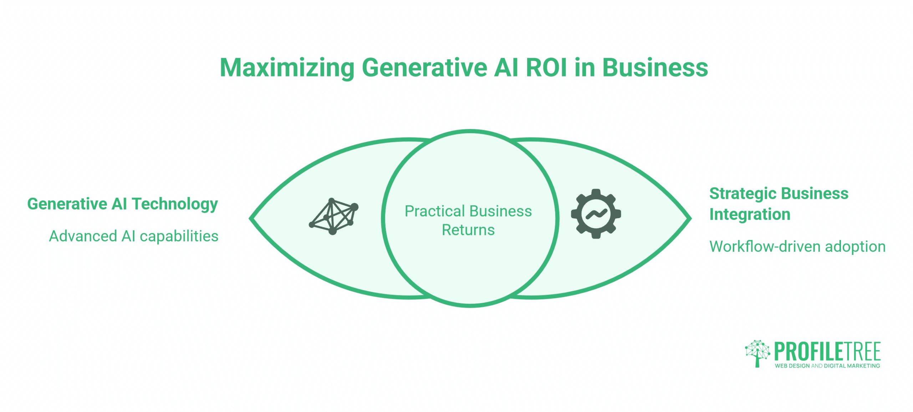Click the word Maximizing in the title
pos(287,68)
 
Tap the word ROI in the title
pos(546,67)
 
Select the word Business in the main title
pos(655,67)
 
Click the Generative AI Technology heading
pos(122,204)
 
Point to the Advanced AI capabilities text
pos(133,236)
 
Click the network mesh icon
pos(333,216)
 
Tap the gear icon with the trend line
pos(596,214)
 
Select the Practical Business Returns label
pos(468,220)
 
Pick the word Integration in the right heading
pos(750,215)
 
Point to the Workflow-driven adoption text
pos(797,247)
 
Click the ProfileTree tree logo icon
pos(758,353)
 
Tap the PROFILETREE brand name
pos(827,352)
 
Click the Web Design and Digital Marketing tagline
pos(827,366)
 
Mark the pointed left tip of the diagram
pos(250,218)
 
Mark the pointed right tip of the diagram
pos(691,218)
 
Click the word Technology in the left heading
pos(175,204)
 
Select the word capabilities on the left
pos(179,236)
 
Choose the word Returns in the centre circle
pos(468,230)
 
